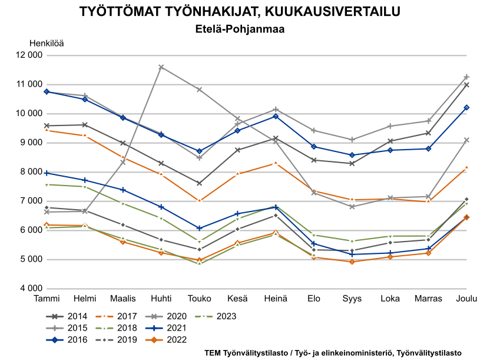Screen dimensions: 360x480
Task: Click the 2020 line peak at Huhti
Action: [x=161, y=67]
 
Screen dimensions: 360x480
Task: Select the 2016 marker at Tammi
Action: [x=47, y=92]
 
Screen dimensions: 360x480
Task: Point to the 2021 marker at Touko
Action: [x=199, y=228]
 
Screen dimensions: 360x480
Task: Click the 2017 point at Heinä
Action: [x=276, y=163]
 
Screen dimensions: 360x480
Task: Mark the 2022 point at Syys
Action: [x=352, y=262]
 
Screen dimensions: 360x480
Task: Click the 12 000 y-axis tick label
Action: [x=29, y=55]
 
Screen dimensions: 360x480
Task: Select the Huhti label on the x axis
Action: [x=161, y=299]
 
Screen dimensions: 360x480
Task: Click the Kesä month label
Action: [x=237, y=299]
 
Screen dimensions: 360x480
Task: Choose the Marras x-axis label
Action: [x=428, y=299]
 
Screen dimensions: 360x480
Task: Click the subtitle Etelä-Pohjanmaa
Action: [x=240, y=28]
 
